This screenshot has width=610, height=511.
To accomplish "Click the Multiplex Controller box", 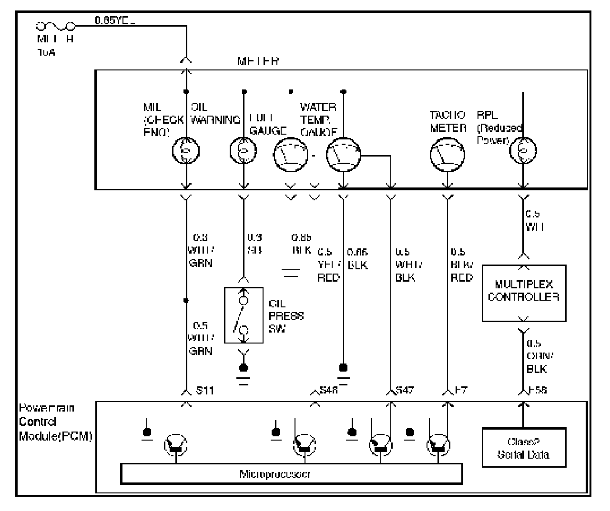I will [524, 293].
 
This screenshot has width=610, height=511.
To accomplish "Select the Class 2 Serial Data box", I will [524, 447].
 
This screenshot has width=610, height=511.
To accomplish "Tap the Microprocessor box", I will [291, 474].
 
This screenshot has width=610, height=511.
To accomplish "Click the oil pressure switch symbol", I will [244, 315].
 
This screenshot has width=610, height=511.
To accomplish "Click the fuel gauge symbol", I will [291, 154].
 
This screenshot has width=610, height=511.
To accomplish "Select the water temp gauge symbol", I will [344, 154].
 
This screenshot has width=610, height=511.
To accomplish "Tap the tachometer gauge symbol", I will [447, 153].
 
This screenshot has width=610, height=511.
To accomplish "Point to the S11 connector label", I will [205, 391].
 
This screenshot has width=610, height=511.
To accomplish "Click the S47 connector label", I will [405, 391].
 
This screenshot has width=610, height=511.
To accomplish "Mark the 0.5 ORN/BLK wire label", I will [537, 356].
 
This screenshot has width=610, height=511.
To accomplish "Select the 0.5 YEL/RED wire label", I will [328, 265].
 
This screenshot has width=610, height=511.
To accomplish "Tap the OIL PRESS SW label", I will [286, 316].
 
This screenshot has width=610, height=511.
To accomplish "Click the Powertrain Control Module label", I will [55, 422].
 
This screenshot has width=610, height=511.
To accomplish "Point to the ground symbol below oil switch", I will [244, 373].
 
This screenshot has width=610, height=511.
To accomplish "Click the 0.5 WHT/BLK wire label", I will [408, 265].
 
